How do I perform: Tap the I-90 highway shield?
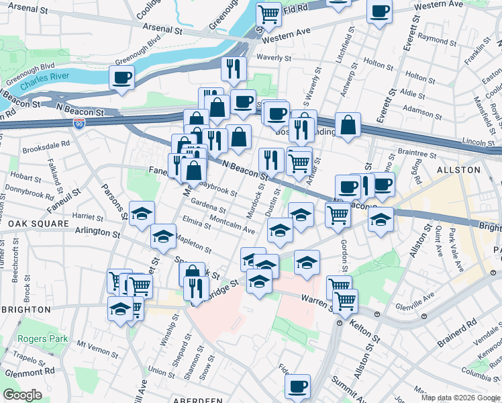(79, 124)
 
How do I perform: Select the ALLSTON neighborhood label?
(458, 170)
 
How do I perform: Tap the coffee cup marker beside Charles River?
(122, 78)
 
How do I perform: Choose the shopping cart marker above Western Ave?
(268, 13)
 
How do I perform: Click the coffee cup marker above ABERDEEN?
(297, 386)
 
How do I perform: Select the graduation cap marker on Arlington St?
(163, 236)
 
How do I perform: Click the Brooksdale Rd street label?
(46, 144)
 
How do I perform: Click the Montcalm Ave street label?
(232, 226)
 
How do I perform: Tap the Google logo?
(22, 395)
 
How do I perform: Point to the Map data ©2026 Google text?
(460, 398)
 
